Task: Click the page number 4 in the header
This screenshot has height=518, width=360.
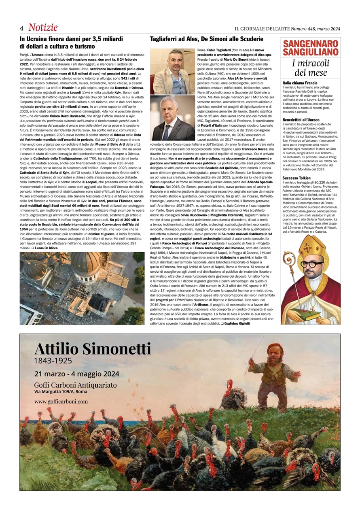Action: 22,28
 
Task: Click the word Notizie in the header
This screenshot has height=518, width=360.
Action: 43,28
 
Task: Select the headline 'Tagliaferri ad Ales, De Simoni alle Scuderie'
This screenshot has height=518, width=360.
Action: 206,39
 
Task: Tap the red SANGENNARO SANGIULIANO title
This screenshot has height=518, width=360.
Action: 310,48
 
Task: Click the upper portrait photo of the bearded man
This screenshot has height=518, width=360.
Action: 173,71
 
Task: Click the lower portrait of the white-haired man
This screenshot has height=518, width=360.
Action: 173,118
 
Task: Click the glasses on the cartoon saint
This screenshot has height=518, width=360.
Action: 311,264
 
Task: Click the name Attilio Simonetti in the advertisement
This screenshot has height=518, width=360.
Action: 93,349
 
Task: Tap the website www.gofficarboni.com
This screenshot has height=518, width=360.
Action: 61,401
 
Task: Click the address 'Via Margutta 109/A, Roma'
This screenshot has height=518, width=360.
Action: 61,391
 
